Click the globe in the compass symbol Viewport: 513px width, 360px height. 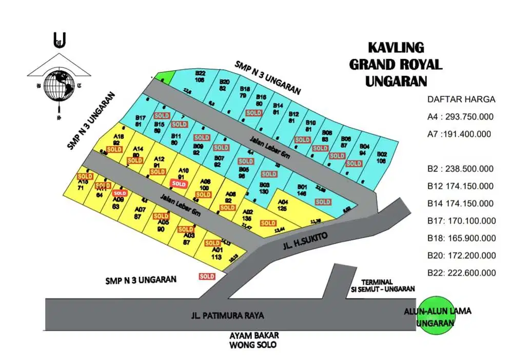(x=58, y=85)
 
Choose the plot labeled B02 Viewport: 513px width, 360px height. (x=382, y=157)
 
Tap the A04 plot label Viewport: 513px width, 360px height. (x=282, y=205)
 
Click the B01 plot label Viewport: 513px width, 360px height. (x=302, y=189)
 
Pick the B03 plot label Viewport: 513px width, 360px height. (x=265, y=187)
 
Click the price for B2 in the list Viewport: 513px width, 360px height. (x=460, y=169)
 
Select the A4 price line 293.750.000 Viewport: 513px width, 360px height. (x=460, y=116)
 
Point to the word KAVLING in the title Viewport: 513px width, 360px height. (x=396, y=48)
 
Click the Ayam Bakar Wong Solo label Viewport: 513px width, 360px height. (x=254, y=339)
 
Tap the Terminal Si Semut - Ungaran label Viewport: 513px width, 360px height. (x=387, y=285)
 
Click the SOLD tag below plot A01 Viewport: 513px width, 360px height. (x=207, y=276)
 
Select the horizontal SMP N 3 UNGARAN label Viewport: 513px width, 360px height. (x=141, y=280)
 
